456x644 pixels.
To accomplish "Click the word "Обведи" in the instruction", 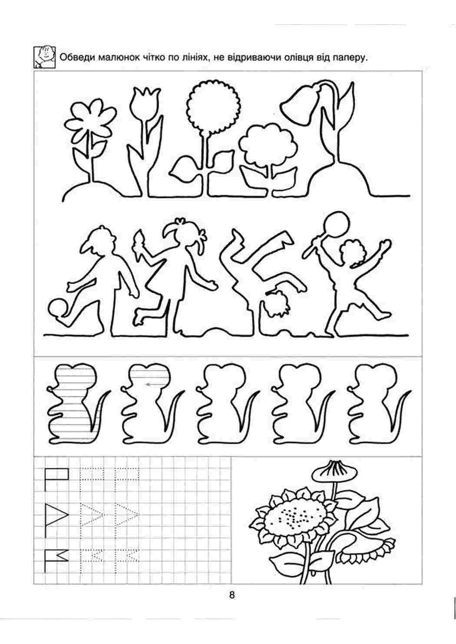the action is coord(77,58).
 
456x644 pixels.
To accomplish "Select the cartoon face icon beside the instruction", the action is coord(44,57).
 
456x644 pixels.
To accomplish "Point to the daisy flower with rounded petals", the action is coord(89,120).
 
